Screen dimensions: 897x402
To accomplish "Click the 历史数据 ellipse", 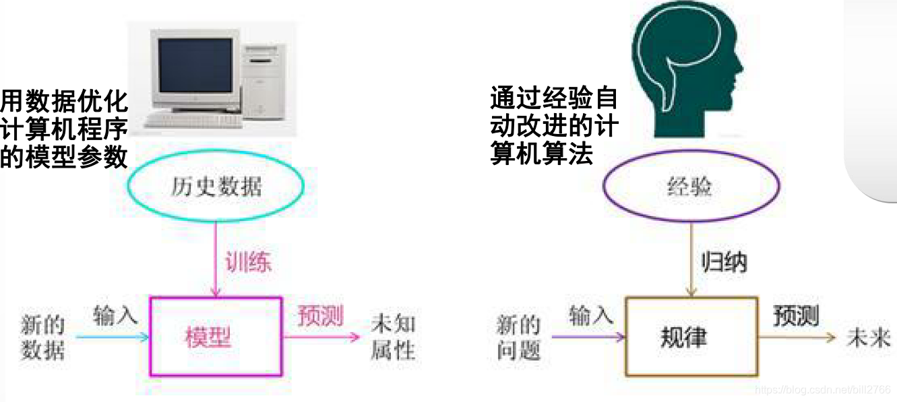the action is click(216, 186).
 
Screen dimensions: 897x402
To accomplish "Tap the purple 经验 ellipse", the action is click(691, 186).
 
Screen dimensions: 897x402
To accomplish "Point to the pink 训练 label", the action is click(249, 262).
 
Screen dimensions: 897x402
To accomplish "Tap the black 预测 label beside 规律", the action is click(796, 316).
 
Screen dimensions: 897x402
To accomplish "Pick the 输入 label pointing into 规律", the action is click(591, 315).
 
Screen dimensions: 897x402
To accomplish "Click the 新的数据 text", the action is click(43, 337).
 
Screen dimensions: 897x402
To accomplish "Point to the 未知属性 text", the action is click(394, 337).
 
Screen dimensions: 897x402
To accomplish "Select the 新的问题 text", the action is click(519, 337).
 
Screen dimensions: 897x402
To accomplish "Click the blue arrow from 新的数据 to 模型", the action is click(111, 336).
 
